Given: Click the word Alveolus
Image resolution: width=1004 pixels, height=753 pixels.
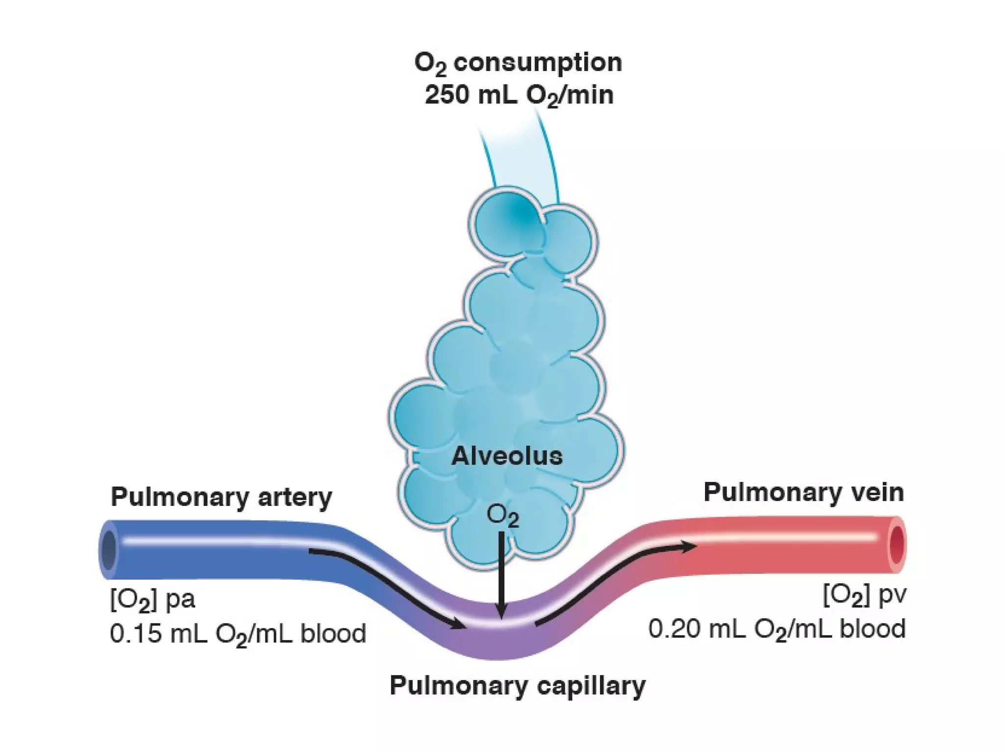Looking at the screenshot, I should pos(507,456).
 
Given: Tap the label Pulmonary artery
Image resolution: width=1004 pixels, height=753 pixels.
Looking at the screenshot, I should pos(221,497).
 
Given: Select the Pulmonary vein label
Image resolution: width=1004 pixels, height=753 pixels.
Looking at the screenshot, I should pos(803,492).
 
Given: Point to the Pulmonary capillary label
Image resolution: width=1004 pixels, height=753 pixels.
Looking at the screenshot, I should pos(517,685).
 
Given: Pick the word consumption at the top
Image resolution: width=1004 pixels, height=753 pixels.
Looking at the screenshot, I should pos(537,63).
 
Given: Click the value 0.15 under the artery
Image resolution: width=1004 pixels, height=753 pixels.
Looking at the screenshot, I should pos(135,633).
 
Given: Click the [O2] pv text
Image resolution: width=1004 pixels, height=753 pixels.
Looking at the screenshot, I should pos(864,595).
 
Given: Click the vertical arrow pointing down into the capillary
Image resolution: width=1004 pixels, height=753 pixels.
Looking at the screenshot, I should pos(501,574).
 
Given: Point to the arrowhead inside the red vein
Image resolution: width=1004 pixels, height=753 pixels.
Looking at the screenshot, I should pos(689,546).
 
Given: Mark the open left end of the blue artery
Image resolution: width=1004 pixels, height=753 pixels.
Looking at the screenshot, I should pos(108,549).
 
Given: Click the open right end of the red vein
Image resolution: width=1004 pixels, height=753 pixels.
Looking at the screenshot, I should pos(897,544).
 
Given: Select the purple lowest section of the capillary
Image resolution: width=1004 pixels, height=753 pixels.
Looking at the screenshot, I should pos(500,642).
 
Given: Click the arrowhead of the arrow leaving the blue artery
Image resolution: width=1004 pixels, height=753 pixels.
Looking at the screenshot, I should pos(458,625).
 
